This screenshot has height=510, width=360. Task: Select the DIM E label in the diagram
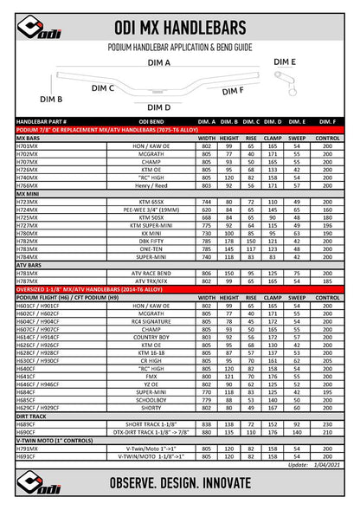pyautogui.click(x=285, y=62)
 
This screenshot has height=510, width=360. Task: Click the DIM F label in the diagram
pyautogui.click(x=233, y=89)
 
